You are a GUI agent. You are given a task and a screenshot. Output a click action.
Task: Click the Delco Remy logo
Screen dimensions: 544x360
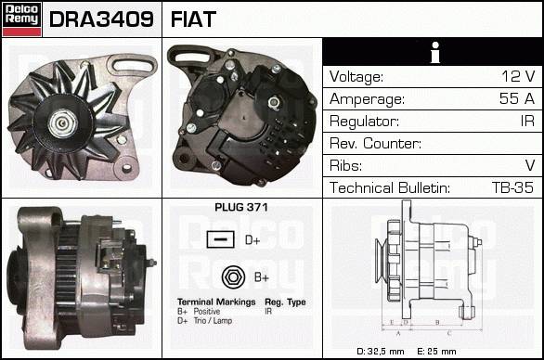[21, 19]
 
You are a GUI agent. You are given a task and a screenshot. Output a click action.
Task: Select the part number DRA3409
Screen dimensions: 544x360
[101, 19]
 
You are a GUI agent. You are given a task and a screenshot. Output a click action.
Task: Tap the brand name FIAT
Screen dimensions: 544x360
[193, 19]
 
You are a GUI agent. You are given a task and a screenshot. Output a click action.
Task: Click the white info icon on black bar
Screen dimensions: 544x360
[435, 52]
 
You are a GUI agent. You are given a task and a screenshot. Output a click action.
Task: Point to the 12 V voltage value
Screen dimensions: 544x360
[518, 76]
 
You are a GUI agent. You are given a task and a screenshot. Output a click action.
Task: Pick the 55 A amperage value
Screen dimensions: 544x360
[517, 98]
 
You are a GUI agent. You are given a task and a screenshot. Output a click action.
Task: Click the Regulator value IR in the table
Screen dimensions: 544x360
[527, 121]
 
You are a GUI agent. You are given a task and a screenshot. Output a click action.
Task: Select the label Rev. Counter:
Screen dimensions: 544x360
[375, 143]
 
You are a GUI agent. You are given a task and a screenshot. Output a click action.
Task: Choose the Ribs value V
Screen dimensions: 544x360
[530, 165]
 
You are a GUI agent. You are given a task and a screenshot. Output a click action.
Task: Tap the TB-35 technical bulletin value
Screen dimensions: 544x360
[512, 187]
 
